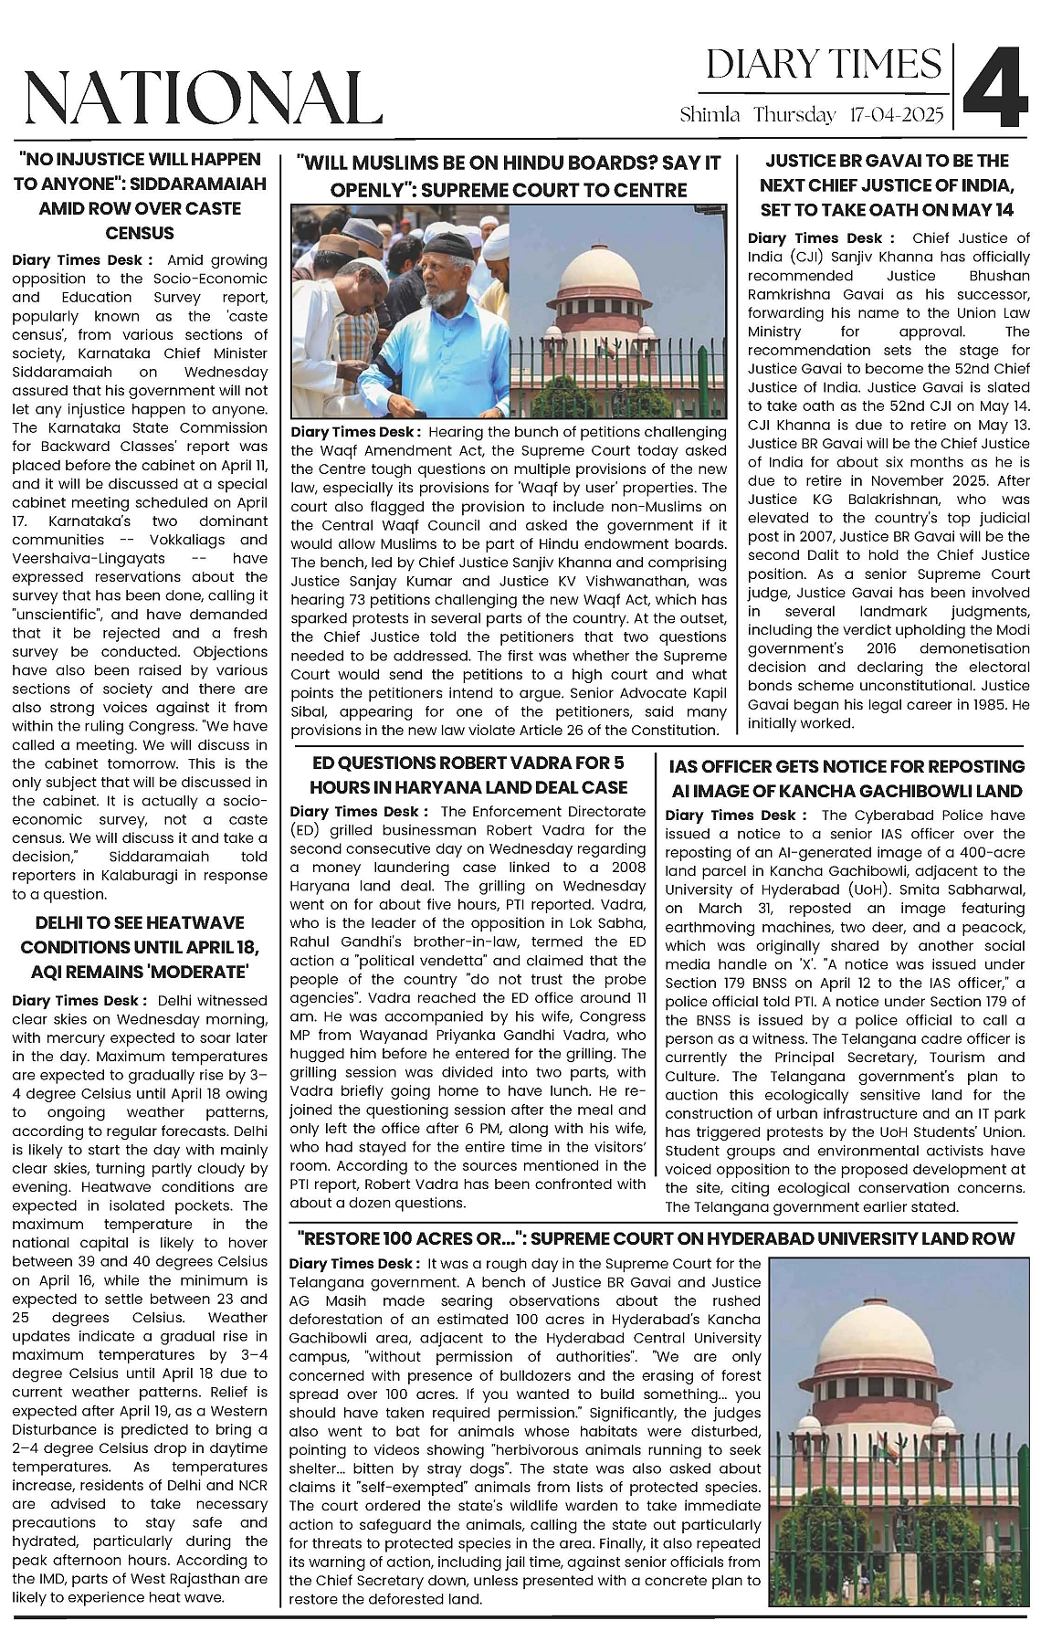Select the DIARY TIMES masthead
pos(824,65)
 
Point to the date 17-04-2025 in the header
pos(896,115)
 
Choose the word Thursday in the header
pos(794,115)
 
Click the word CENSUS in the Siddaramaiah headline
pos(140,233)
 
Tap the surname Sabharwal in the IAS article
pos(983,889)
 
